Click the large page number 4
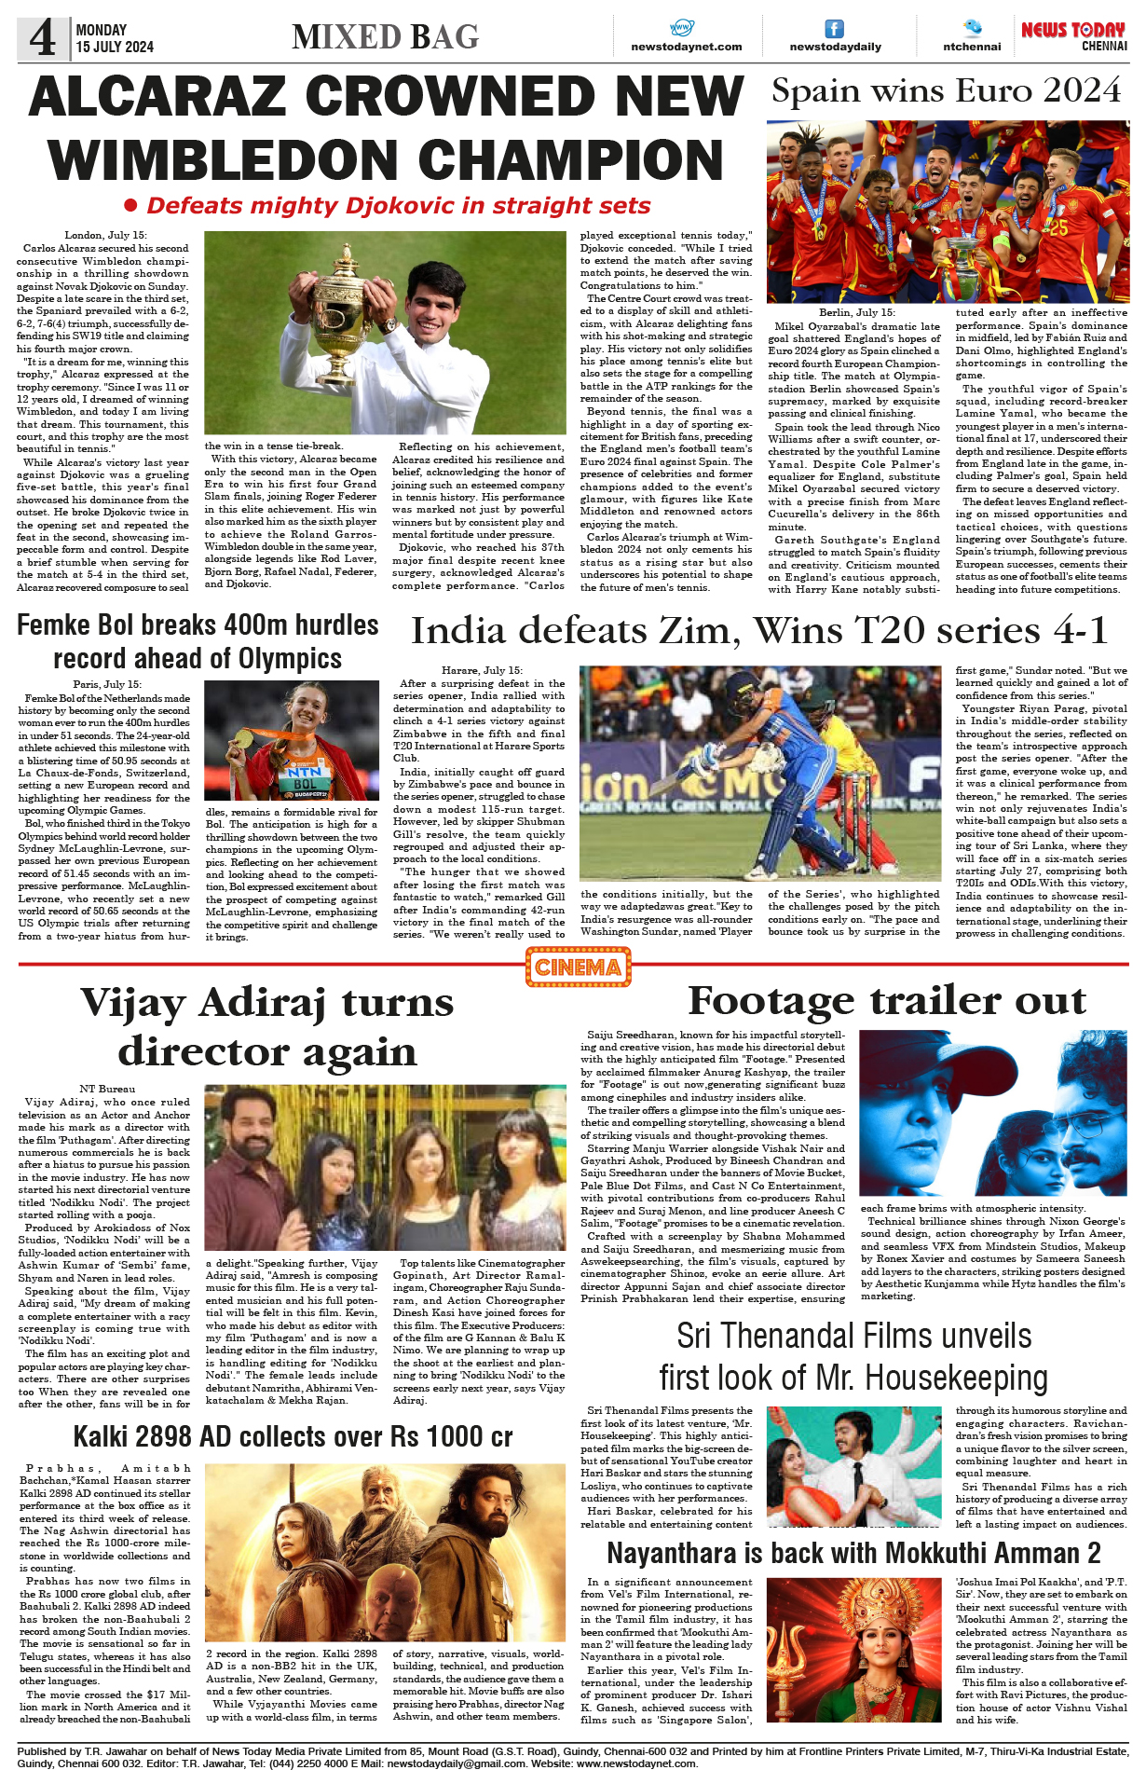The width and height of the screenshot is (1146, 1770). tap(43, 38)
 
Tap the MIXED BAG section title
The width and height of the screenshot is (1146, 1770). tap(385, 37)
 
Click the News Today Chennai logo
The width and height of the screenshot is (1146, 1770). tap(1073, 36)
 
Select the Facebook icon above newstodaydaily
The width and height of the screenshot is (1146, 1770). tap(835, 29)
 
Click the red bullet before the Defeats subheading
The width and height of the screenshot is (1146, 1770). tap(131, 205)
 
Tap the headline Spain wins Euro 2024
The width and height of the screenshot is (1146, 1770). tap(946, 91)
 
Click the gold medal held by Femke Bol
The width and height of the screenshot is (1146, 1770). tap(244, 737)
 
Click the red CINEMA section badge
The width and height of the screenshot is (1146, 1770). tap(578, 967)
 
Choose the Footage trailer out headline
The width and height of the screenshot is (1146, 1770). tap(887, 1000)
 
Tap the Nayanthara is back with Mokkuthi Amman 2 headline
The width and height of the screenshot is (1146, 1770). tap(853, 1554)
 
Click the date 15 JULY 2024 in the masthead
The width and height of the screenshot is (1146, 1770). tap(115, 47)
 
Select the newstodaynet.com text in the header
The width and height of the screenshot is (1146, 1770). tap(687, 47)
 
